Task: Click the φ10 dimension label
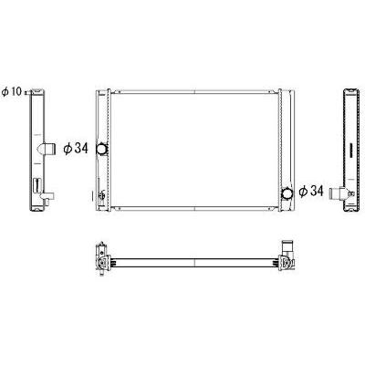[x=12, y=91]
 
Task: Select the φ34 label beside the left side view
[x=76, y=149]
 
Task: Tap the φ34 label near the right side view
[x=311, y=192]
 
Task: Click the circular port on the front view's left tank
[x=102, y=149]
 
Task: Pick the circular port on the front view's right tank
[x=287, y=193]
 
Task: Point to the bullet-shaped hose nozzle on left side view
[x=47, y=149]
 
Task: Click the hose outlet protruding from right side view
[x=337, y=193]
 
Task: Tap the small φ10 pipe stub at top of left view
[x=28, y=92]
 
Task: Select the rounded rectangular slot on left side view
[x=36, y=185]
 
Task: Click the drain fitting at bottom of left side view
[x=47, y=198]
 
